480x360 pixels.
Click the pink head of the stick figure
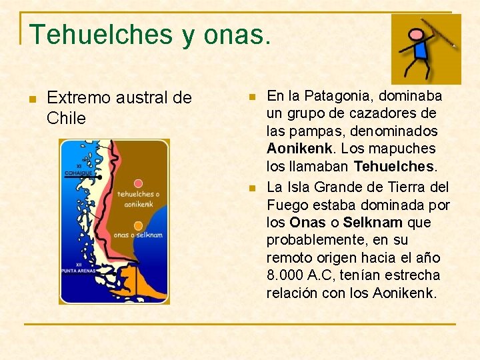click(x=416, y=35)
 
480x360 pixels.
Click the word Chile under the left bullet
click(x=67, y=119)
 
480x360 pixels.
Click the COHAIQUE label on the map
click(x=78, y=173)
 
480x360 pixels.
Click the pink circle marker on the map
click(x=138, y=183)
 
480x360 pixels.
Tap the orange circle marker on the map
click(x=138, y=225)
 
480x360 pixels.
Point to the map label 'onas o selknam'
click(x=138, y=235)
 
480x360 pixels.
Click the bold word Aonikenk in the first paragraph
click(x=294, y=148)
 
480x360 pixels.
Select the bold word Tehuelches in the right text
click(x=393, y=165)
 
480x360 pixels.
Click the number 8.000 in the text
click(x=286, y=275)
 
